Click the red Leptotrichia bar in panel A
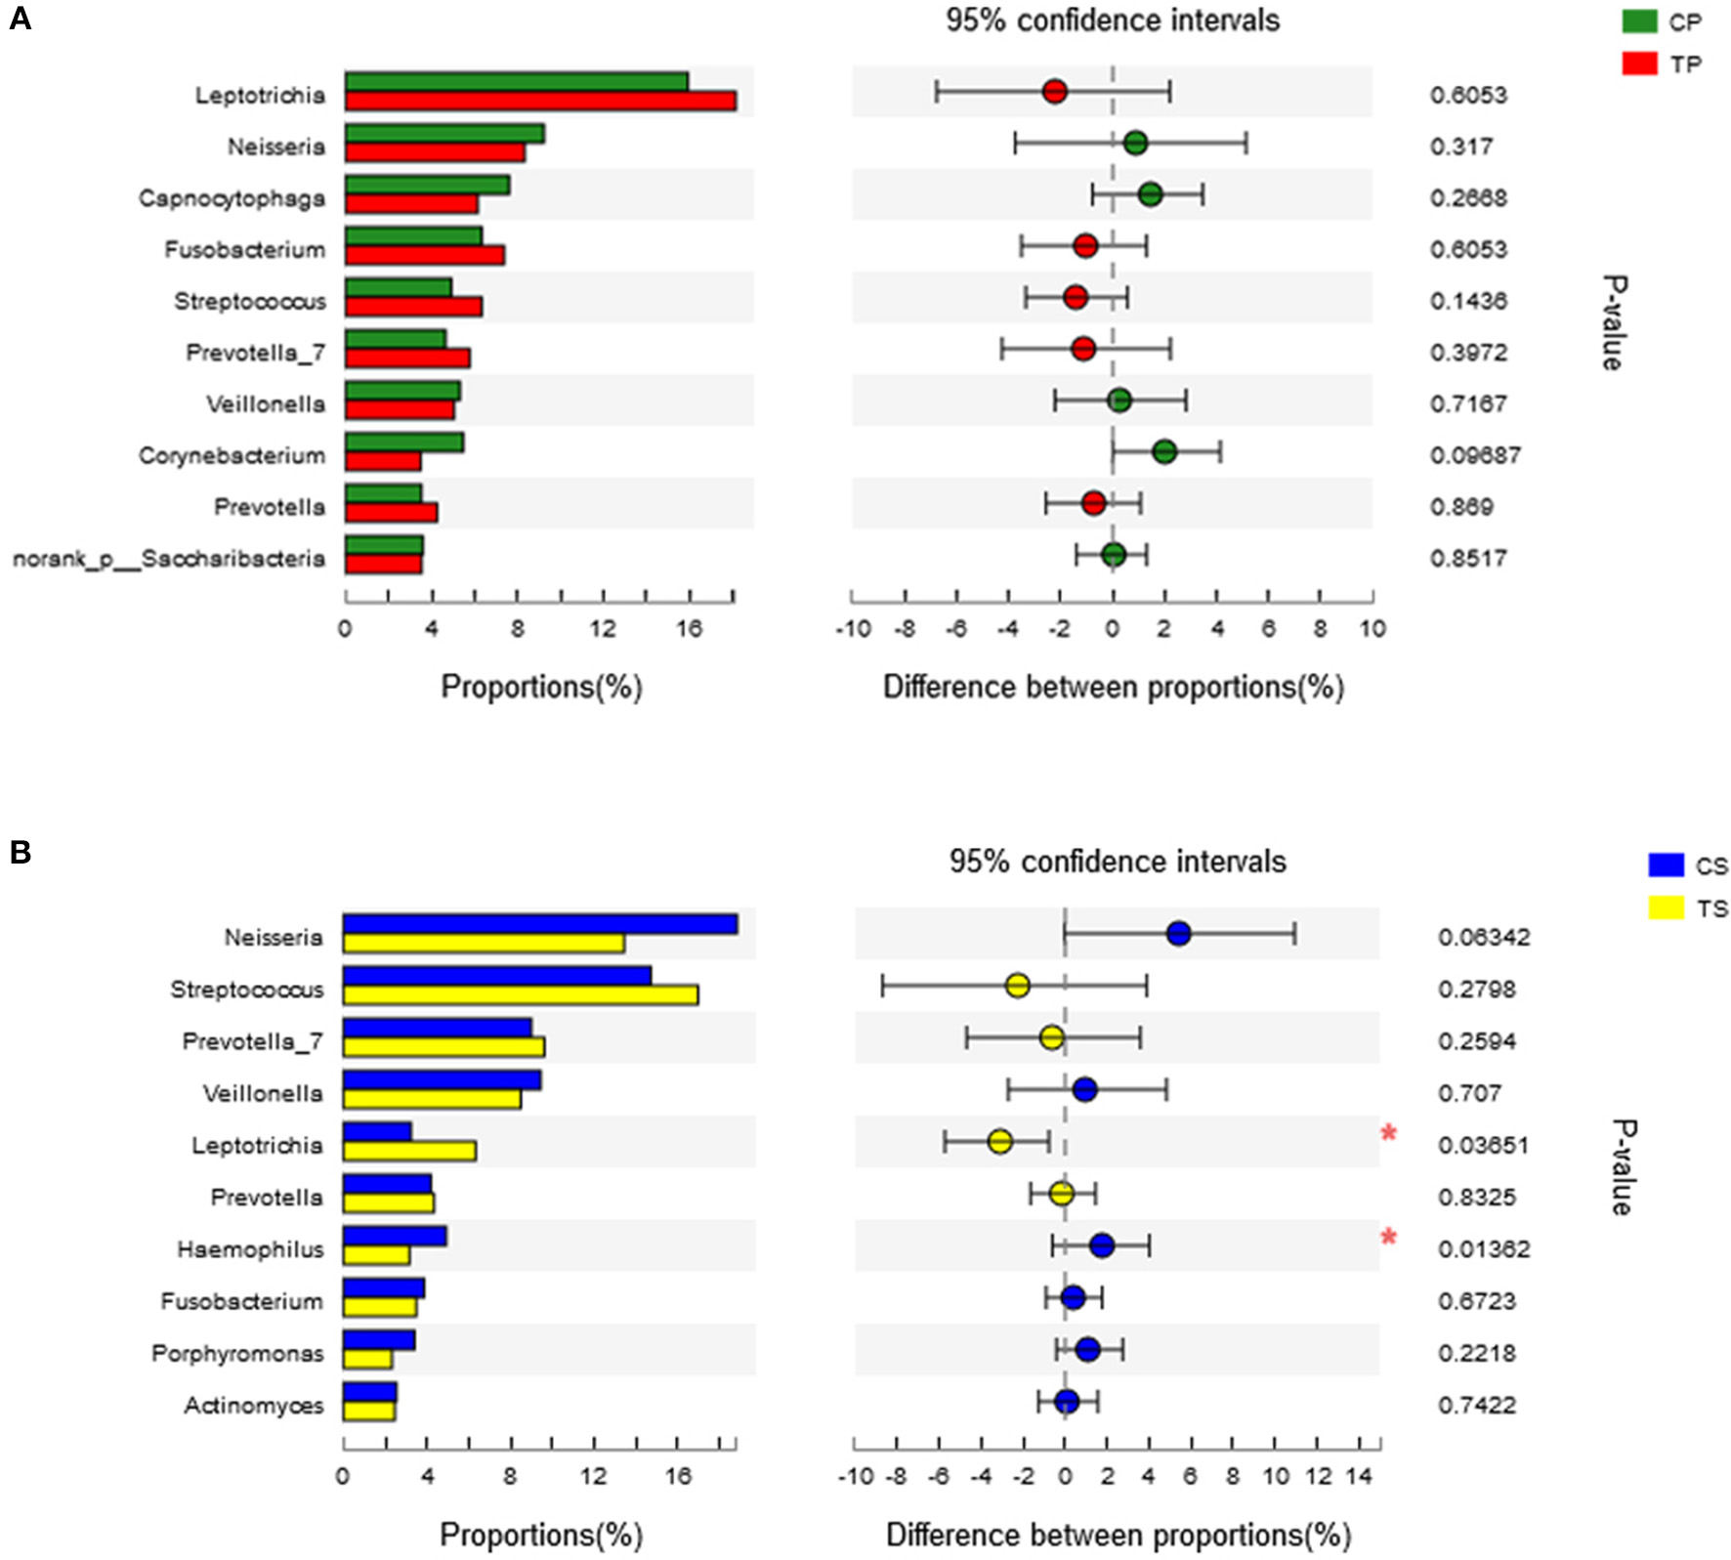pyautogui.click(x=540, y=101)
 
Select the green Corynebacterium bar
pyautogui.click(x=403, y=442)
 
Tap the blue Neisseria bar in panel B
pyautogui.click(x=539, y=924)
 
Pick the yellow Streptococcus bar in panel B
pyautogui.click(x=520, y=994)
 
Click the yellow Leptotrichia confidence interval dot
pyautogui.click(x=999, y=1141)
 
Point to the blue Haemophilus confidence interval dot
pyautogui.click(x=1101, y=1245)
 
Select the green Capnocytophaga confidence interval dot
pyautogui.click(x=1150, y=194)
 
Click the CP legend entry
pyautogui.click(x=1661, y=21)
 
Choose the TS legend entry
pyautogui.click(x=1687, y=908)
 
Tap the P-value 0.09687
pyautogui.click(x=1475, y=455)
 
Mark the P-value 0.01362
pyautogui.click(x=1483, y=1248)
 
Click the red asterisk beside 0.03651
pyautogui.click(x=1388, y=1133)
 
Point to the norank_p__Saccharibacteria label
pyautogui.click(x=168, y=559)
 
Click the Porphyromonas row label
pyautogui.click(x=237, y=1353)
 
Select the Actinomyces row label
pyautogui.click(x=254, y=1405)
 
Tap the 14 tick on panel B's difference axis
pyautogui.click(x=1359, y=1475)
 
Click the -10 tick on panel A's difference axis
pyautogui.click(x=853, y=628)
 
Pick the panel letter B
pyautogui.click(x=21, y=853)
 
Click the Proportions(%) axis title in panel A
pyautogui.click(x=541, y=687)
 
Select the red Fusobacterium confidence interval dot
pyautogui.click(x=1085, y=245)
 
